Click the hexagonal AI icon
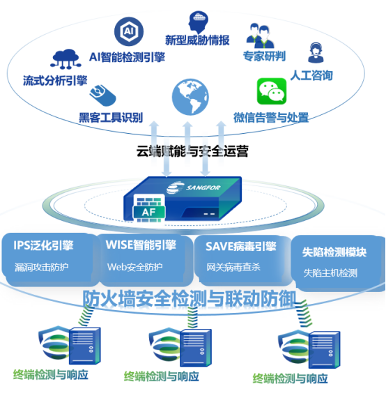(129, 31)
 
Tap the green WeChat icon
(272, 91)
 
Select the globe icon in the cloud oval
(190, 97)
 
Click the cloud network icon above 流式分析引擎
(65, 59)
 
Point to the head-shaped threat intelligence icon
(198, 22)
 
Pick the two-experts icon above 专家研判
(260, 36)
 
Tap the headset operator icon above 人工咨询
(316, 53)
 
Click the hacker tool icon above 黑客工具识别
(102, 95)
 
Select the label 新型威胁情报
(197, 40)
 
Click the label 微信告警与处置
(271, 118)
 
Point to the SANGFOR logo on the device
(193, 187)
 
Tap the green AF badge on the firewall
(148, 213)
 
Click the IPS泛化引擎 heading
(43, 245)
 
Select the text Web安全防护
(135, 267)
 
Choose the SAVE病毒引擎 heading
(241, 246)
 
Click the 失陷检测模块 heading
(334, 252)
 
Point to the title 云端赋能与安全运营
(192, 151)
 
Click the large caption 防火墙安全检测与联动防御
(190, 298)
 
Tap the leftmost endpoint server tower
(85, 346)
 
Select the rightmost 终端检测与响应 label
(291, 378)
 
